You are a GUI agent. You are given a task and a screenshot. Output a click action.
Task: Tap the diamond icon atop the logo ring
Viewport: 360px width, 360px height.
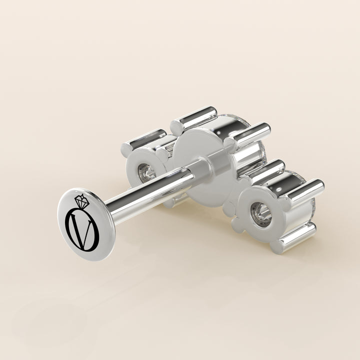coord(81,200)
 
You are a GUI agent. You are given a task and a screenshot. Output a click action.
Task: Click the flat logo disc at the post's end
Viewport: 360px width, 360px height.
coord(86,224)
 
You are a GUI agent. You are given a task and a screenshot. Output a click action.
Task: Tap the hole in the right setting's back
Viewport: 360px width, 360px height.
coord(261,214)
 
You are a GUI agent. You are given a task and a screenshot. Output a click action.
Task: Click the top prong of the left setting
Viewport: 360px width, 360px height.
coord(144,140)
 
